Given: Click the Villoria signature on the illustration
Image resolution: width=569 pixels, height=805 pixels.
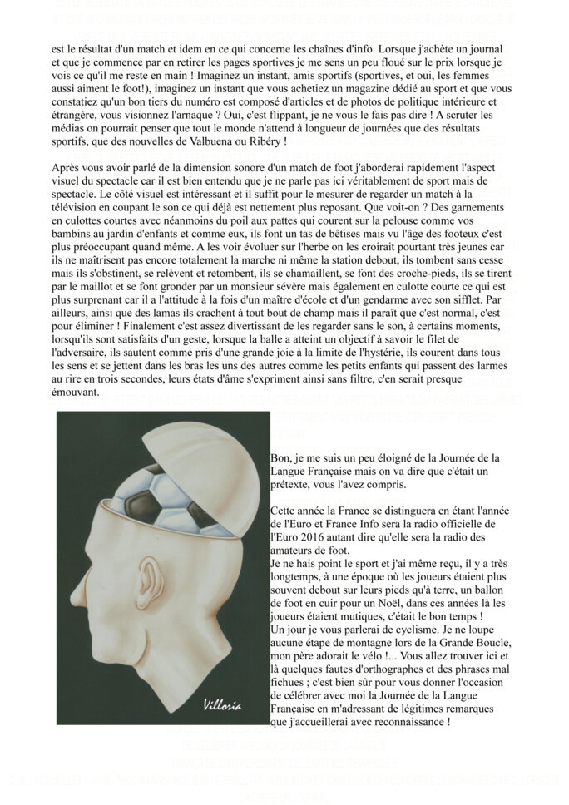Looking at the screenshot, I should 222,705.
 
